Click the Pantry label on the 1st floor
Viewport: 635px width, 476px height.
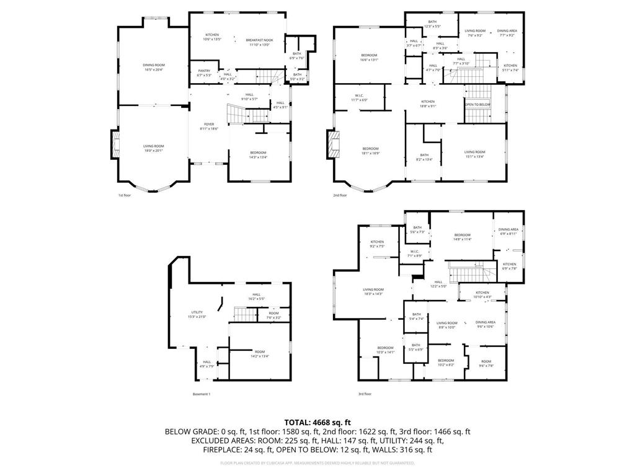[204, 73]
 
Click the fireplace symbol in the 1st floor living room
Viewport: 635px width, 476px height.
[115, 144]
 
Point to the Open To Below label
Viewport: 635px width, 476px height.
[477, 105]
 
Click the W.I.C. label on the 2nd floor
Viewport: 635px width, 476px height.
[359, 97]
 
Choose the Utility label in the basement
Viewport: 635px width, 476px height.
[197, 314]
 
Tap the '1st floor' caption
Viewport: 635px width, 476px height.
[125, 195]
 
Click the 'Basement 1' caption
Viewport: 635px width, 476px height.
[202, 394]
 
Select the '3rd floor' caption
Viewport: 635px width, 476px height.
[365, 394]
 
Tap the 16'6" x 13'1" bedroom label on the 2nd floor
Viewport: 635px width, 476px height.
[369, 58]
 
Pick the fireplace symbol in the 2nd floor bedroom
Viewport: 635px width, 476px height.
[336, 144]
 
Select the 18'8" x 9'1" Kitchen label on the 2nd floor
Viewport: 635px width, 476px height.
[428, 104]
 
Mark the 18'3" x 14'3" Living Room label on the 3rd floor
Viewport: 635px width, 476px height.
[373, 291]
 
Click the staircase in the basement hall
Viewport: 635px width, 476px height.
[244, 314]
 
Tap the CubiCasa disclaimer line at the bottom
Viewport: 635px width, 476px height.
[317, 462]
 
